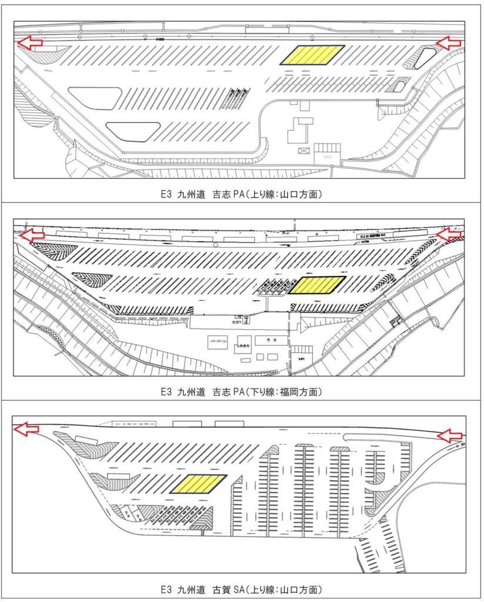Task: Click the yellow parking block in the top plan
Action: pyautogui.click(x=312, y=55)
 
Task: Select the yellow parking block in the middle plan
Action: pyautogui.click(x=318, y=285)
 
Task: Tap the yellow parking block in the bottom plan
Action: pyautogui.click(x=198, y=484)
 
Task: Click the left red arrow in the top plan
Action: pyautogui.click(x=29, y=42)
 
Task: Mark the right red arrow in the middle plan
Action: pyautogui.click(x=449, y=234)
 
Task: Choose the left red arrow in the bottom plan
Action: pyautogui.click(x=27, y=429)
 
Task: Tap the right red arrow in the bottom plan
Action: pyautogui.click(x=450, y=435)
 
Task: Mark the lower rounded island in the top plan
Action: pyautogui.click(x=133, y=131)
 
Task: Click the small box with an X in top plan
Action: pyautogui.click(x=303, y=151)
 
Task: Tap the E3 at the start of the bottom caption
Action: pyautogui.click(x=166, y=589)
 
